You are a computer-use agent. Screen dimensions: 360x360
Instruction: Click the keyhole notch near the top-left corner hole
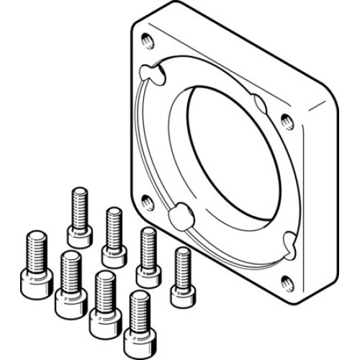[152, 72]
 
